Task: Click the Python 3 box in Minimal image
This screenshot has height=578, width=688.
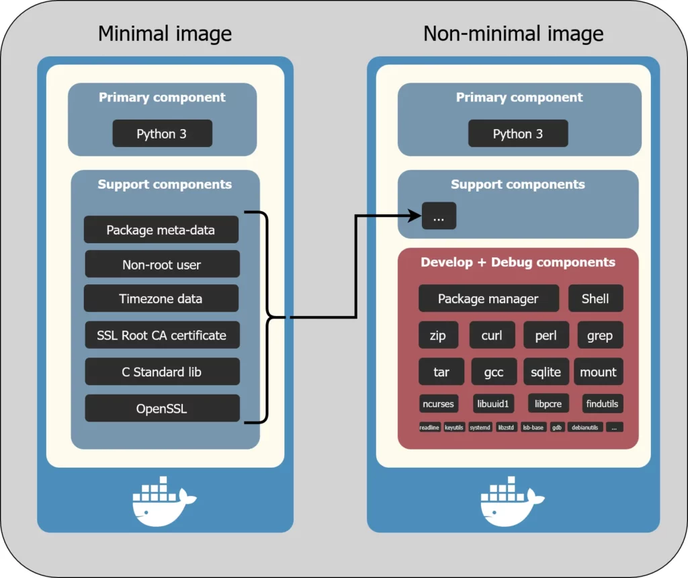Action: click(x=162, y=134)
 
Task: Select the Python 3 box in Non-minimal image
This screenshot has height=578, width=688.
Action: click(x=518, y=134)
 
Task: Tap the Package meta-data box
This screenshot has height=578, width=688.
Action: click(x=161, y=230)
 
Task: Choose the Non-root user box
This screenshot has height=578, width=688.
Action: click(x=162, y=264)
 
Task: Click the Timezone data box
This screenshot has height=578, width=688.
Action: click(x=161, y=298)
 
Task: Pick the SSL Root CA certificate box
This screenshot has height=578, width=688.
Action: click(x=162, y=335)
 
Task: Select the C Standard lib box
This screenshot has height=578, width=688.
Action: click(x=162, y=372)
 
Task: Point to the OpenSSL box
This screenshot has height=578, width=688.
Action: click(x=162, y=408)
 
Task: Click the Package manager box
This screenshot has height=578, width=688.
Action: click(x=488, y=298)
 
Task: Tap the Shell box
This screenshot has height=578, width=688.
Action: click(x=595, y=298)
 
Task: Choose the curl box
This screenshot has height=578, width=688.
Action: click(x=492, y=335)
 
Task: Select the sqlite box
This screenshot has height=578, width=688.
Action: click(x=546, y=372)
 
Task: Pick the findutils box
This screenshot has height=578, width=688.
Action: click(x=601, y=404)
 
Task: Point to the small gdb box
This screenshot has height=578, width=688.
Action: click(x=557, y=427)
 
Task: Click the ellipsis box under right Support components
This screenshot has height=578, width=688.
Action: click(x=439, y=216)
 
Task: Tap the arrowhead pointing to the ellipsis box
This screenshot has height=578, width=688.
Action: click(x=414, y=216)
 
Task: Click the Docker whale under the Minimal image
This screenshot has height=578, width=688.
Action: click(x=163, y=501)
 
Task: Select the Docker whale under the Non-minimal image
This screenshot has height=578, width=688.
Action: click(x=511, y=501)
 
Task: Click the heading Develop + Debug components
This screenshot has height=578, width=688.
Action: click(x=518, y=262)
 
